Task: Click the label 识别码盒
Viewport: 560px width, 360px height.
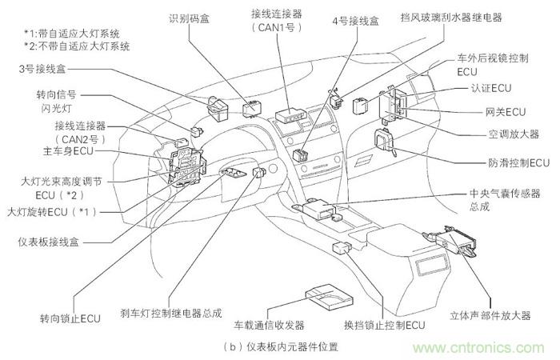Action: tap(190, 18)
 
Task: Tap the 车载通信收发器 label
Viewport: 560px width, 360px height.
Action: tap(269, 326)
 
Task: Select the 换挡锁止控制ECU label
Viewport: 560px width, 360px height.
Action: tap(383, 326)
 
